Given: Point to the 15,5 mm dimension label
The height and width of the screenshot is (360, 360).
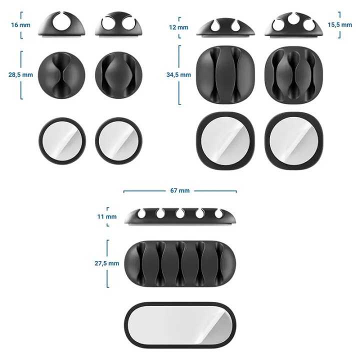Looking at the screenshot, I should point(350,25).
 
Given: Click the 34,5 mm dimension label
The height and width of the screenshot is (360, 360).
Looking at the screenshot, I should point(178,75).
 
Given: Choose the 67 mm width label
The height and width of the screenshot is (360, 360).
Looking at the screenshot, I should point(180,190).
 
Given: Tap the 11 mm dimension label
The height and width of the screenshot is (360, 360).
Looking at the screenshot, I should point(107,216).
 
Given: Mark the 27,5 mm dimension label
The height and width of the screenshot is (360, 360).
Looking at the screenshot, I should point(107,263).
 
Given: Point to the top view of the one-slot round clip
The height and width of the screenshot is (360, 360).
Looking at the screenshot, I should point(61,74).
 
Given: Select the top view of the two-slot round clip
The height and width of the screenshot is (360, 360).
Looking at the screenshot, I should point(118,74).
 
